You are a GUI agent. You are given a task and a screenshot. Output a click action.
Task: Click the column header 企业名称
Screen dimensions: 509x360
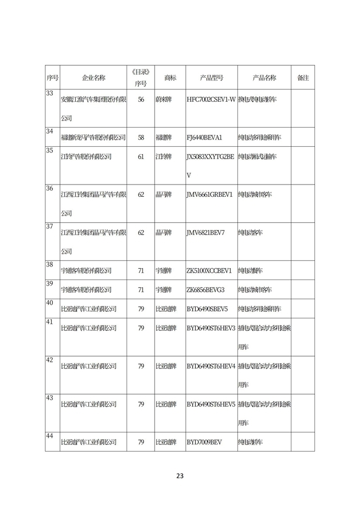point(93,78)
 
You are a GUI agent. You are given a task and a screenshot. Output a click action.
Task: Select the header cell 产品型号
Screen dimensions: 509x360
point(211,78)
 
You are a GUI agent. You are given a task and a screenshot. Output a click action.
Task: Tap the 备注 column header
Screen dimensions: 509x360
point(303,78)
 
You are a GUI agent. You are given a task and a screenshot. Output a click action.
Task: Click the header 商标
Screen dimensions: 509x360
point(170,78)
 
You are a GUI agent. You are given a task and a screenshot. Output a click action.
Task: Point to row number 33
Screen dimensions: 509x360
point(49,93)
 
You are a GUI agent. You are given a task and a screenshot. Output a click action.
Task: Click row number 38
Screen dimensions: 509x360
point(49,264)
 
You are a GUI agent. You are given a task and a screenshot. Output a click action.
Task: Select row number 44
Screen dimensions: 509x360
point(49,436)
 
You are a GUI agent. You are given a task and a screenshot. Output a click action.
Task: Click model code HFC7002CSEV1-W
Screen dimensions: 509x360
point(210,100)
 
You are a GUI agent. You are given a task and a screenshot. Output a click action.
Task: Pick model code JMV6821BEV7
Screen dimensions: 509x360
point(205,232)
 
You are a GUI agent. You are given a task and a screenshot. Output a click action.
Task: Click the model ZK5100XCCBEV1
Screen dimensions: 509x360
point(209,271)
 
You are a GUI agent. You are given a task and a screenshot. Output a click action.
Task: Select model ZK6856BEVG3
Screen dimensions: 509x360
point(205,290)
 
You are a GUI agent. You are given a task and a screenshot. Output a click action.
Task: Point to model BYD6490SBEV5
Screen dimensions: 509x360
point(207,309)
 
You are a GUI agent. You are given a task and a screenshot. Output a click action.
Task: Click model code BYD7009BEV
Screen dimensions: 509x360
point(204,442)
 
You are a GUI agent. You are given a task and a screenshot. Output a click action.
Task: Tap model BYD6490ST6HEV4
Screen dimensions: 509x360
point(211,366)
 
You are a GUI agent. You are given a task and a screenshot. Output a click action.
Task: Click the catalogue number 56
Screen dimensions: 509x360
point(141,100)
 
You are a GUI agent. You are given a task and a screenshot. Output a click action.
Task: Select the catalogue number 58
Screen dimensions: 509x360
point(141,137)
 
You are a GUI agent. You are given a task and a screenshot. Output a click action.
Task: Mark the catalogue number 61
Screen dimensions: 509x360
point(141,157)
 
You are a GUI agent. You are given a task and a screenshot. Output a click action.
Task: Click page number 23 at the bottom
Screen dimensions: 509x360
point(180,476)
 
